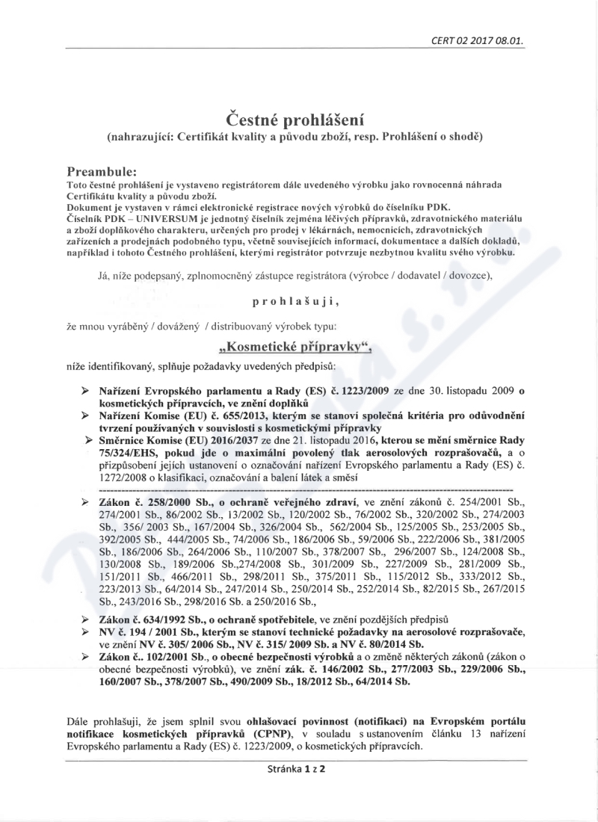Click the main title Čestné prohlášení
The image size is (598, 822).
(x=298, y=119)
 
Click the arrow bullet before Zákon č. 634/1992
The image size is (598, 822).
(x=84, y=619)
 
